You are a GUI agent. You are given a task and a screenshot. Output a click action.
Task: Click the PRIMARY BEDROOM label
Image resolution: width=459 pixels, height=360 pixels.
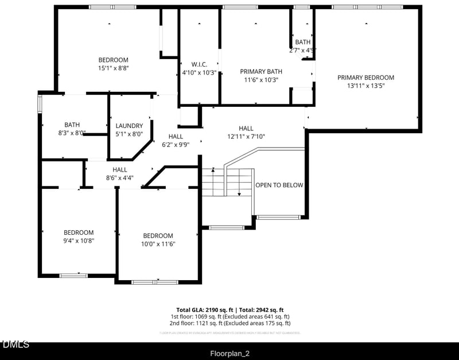tap(365, 78)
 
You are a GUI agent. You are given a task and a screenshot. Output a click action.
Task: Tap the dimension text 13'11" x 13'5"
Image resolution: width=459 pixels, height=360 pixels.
tap(365, 86)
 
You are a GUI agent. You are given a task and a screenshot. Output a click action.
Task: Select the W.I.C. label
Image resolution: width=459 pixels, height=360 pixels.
tap(199, 64)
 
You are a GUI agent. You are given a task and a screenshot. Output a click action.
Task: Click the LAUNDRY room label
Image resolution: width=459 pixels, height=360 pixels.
tap(129, 126)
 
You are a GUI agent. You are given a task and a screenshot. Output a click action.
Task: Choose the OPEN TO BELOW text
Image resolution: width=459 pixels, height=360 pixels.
tap(279, 185)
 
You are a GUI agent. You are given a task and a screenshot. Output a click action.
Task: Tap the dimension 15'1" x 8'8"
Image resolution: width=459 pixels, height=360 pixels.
tap(113, 68)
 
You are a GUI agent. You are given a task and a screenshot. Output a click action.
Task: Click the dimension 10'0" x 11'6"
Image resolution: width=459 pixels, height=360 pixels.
tap(158, 244)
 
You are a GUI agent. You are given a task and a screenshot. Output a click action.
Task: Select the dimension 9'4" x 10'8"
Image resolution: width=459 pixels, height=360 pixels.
tap(79, 241)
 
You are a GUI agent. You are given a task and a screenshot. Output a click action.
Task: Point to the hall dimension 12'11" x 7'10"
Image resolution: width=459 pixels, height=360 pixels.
tap(246, 137)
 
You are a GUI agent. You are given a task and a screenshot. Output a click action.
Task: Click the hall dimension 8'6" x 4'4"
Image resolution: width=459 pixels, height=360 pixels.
tap(119, 178)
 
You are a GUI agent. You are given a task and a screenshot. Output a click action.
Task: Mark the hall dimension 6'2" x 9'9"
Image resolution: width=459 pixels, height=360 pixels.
tap(176, 145)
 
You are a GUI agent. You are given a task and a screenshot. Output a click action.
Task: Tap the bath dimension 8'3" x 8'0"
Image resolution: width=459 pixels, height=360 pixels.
tap(72, 133)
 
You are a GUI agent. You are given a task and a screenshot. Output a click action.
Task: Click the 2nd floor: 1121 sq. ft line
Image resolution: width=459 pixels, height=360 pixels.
tap(229, 323)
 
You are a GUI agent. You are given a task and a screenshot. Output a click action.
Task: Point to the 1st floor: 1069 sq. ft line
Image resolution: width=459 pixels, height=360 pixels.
tap(229, 316)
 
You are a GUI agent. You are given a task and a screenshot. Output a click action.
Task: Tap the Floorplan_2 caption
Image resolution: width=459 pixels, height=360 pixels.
tap(229, 352)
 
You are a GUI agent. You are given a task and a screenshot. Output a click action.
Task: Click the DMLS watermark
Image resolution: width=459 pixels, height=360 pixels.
tap(15, 344)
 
